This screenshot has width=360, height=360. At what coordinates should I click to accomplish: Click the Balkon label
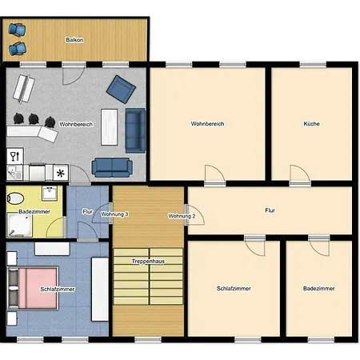point(74,40)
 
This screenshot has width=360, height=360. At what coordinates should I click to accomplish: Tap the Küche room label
point(311,124)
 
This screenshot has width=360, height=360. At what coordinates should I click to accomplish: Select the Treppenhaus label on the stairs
point(148,262)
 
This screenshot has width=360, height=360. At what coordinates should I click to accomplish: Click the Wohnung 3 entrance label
point(114,214)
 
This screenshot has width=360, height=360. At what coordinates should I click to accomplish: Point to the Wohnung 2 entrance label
point(182,216)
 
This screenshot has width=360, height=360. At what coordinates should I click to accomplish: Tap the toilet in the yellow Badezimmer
point(15,198)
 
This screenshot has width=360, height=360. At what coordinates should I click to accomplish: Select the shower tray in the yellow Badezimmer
point(19,225)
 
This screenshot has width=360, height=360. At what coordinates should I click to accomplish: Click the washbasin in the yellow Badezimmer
point(50,193)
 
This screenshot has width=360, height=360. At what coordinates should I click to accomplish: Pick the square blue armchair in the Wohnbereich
point(121,89)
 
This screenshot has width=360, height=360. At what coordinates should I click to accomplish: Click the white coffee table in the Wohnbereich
point(110,127)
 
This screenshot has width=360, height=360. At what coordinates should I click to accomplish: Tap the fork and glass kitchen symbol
point(15,156)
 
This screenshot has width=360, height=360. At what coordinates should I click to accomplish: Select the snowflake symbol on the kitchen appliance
point(61,174)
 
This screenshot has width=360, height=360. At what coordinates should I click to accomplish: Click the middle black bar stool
point(34,118)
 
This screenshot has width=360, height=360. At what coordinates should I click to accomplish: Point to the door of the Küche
point(300,175)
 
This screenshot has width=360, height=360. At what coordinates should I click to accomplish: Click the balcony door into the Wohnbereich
point(74,74)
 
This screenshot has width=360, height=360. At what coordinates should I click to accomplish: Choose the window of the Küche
point(313,65)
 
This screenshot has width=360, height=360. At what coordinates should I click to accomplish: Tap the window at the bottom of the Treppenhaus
point(148,339)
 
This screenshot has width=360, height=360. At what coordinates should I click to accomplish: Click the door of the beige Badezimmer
point(319,246)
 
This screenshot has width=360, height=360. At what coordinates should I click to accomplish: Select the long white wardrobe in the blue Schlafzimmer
point(100,289)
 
